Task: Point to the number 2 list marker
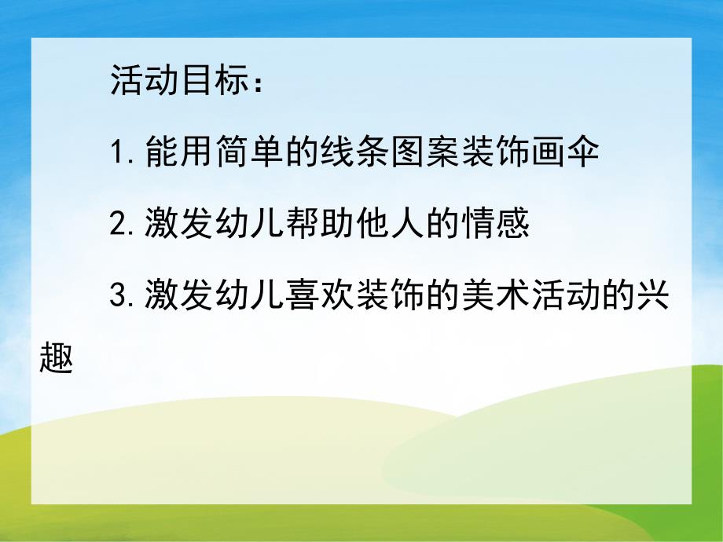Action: pyautogui.click(x=120, y=225)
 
